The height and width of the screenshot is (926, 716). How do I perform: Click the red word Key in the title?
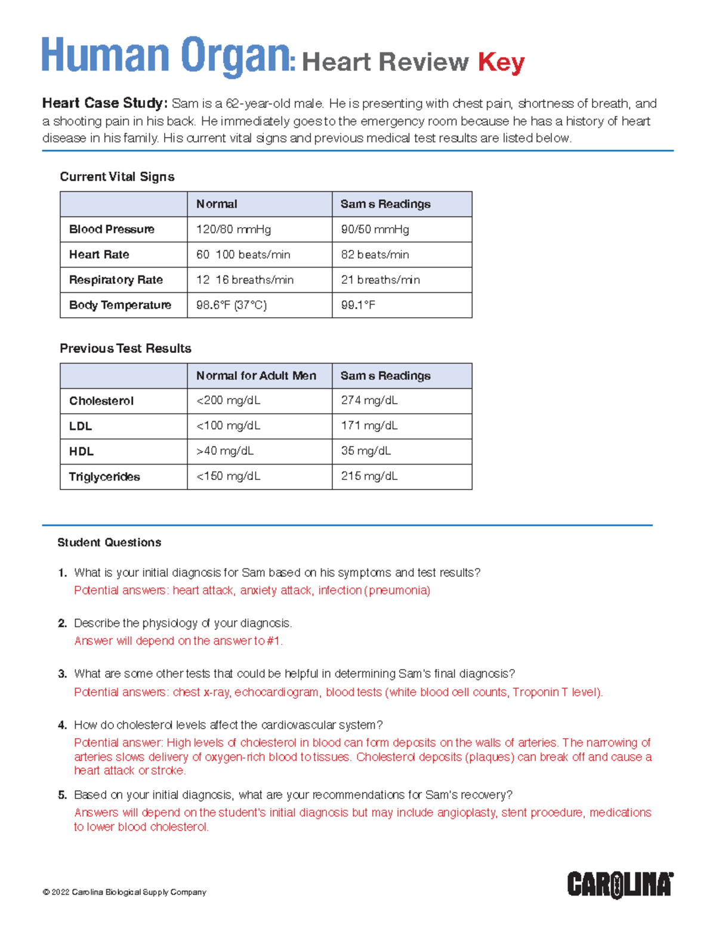(501, 62)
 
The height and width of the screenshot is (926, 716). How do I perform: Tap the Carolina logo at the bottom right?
(620, 884)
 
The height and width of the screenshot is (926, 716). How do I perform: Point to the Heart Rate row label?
(99, 255)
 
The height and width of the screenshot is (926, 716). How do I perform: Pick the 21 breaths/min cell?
(380, 280)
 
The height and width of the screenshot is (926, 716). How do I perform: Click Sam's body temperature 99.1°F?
(358, 305)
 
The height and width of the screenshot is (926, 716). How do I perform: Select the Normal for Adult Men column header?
(256, 376)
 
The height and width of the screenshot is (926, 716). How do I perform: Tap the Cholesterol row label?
(101, 401)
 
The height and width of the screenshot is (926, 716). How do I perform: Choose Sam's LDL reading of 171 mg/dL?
(369, 426)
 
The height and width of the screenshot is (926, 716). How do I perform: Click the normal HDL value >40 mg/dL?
(225, 451)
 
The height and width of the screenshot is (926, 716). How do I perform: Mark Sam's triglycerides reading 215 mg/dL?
(369, 476)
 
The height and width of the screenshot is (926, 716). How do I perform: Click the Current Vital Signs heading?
(117, 176)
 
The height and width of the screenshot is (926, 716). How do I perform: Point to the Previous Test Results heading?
(125, 348)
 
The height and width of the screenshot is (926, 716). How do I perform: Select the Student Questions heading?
(109, 543)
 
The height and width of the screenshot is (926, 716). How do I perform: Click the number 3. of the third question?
(63, 674)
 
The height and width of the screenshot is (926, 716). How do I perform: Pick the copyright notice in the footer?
(125, 892)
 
